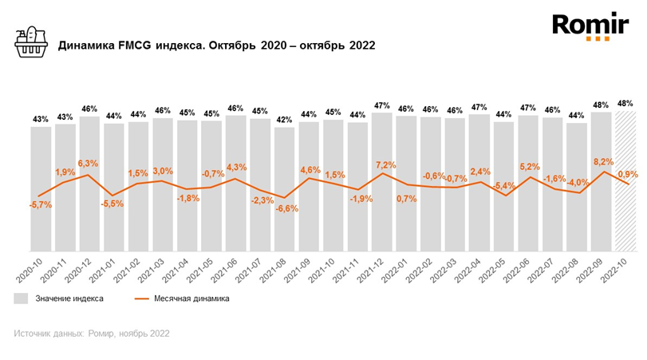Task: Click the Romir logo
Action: pos(590,27)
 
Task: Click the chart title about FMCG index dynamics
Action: pos(217,45)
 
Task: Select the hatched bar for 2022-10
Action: pos(625,181)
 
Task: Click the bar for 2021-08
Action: pos(284,189)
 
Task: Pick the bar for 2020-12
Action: pos(89,184)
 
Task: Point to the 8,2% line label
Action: pos(603,162)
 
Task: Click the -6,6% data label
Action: pos(286,208)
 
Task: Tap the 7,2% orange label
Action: pos(386,165)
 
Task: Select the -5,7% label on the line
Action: pos(41,204)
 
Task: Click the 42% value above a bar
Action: pos(284,120)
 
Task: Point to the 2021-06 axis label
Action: pos(224,270)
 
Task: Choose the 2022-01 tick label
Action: pos(394,270)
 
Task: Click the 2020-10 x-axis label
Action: pos(30,270)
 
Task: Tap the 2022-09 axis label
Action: pos(590,270)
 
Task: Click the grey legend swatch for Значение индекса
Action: pos(21,299)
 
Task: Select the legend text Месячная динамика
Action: pos(191,299)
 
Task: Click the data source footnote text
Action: pos(92,333)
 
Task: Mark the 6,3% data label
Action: pos(88,164)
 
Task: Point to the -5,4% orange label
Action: pos(504,186)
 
